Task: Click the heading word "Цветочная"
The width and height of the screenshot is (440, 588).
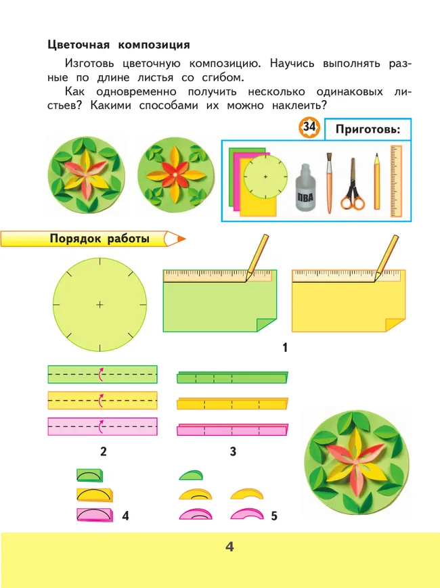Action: [x=79, y=45]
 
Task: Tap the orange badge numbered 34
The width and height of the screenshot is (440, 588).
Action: [x=309, y=127]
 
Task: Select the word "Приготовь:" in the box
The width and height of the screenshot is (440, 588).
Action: [x=368, y=129]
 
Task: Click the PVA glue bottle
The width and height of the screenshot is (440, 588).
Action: [x=306, y=187]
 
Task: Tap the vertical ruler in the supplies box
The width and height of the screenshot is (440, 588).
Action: [x=396, y=181]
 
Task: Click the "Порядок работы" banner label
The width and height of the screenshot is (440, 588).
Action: [x=100, y=239]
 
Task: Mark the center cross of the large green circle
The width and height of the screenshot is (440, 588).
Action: [x=100, y=304]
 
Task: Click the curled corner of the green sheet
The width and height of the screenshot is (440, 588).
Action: [x=267, y=324]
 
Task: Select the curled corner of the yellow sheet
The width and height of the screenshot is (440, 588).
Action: [x=395, y=324]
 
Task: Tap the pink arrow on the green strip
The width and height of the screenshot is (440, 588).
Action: [x=101, y=374]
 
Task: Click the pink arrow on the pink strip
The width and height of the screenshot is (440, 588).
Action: [x=101, y=427]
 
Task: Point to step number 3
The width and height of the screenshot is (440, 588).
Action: [x=233, y=451]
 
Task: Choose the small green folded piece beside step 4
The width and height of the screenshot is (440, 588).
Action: [x=89, y=475]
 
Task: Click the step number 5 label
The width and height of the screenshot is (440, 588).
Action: [x=274, y=516]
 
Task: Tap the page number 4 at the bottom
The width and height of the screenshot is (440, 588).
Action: [x=229, y=547]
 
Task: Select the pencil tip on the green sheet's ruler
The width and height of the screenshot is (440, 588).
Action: [x=246, y=280]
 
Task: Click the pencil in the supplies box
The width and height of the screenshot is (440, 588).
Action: [x=376, y=181]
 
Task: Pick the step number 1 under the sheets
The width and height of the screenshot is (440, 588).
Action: [x=285, y=348]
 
